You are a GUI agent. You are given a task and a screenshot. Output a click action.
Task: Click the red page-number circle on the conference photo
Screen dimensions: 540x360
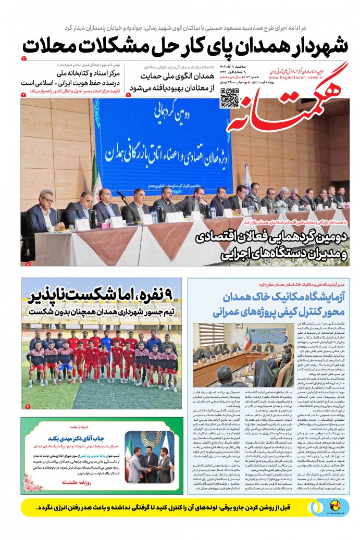click(28, 265)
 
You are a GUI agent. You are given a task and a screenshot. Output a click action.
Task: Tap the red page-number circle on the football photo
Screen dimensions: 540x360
click(28, 406)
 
